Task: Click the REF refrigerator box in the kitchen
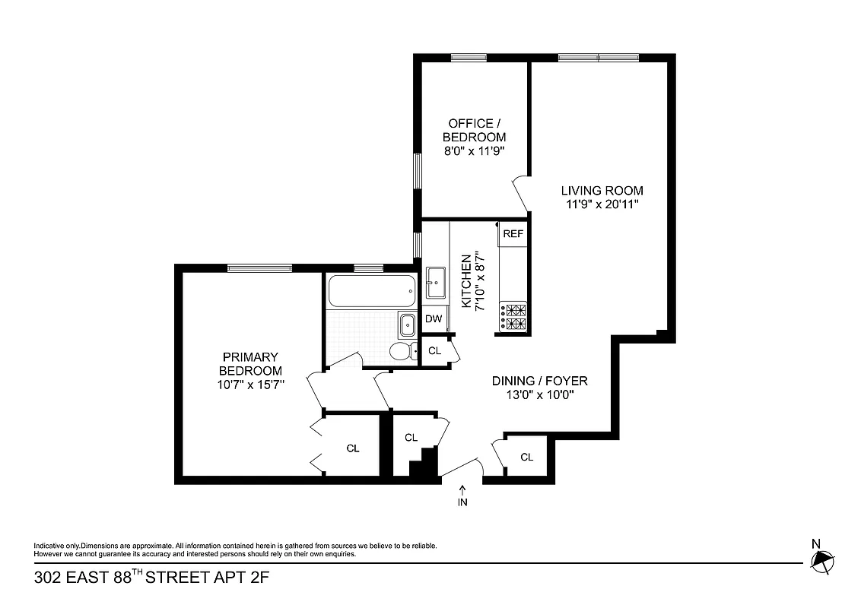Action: pos(513,234)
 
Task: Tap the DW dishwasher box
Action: pos(434,319)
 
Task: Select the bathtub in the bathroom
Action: pos(372,291)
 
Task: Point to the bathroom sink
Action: pos(408,325)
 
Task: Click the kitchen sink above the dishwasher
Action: pos(436,283)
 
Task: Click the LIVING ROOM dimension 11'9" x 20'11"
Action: pos(602,204)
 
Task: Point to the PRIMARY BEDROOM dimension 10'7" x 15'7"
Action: pos(250,385)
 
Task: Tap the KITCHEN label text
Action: pos(466,281)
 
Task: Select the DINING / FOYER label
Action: pos(539,381)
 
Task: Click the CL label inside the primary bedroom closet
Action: pos(352,448)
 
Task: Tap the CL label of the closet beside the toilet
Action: pos(434,350)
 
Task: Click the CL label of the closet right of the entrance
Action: pos(526,457)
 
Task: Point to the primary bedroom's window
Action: pos(259,268)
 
